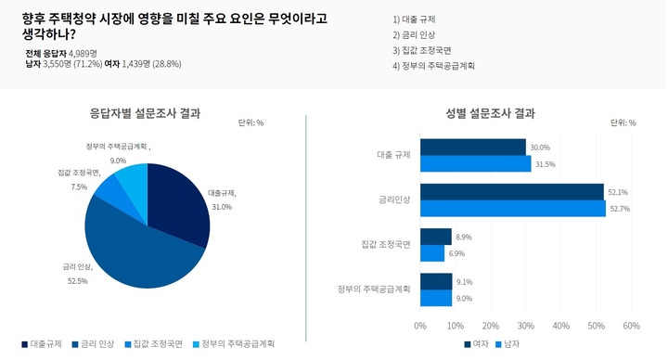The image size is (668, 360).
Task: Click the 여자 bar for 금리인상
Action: point(511,192)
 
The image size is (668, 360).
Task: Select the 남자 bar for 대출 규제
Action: point(475,164)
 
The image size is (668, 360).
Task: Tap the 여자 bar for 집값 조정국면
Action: point(435,237)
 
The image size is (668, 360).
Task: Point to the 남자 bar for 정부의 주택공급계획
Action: point(436,298)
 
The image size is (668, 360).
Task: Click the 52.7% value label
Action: point(619,209)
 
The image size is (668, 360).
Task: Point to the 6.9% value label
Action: point(458,253)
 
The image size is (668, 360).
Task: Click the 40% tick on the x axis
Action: point(560,326)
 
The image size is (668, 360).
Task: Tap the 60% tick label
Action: point(631,326)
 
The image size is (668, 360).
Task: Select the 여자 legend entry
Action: point(475,344)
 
